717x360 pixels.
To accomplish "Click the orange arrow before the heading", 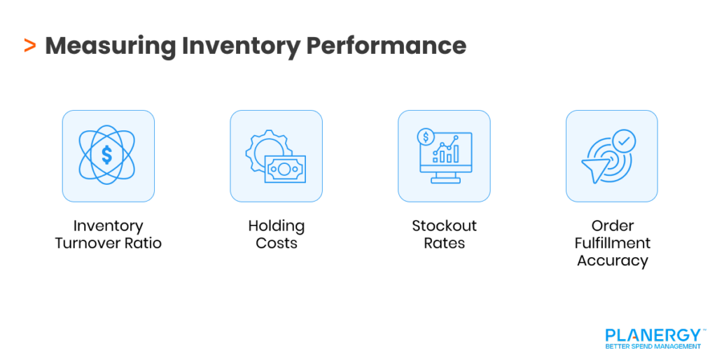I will click(29, 46).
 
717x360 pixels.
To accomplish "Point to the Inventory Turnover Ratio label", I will click(108, 235).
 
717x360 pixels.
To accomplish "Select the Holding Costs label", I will click(276, 235).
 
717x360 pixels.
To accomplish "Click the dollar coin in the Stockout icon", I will click(425, 136).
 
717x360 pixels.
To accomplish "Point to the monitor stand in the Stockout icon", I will click(444, 178).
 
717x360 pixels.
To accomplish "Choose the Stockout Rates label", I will click(444, 235).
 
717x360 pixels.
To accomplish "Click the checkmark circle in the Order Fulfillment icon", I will click(623, 141).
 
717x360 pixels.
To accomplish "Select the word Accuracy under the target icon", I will click(612, 261).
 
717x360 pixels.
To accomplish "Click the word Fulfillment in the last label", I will click(612, 243).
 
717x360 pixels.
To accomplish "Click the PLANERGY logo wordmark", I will click(653, 335).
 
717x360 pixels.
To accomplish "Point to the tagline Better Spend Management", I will click(653, 347).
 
